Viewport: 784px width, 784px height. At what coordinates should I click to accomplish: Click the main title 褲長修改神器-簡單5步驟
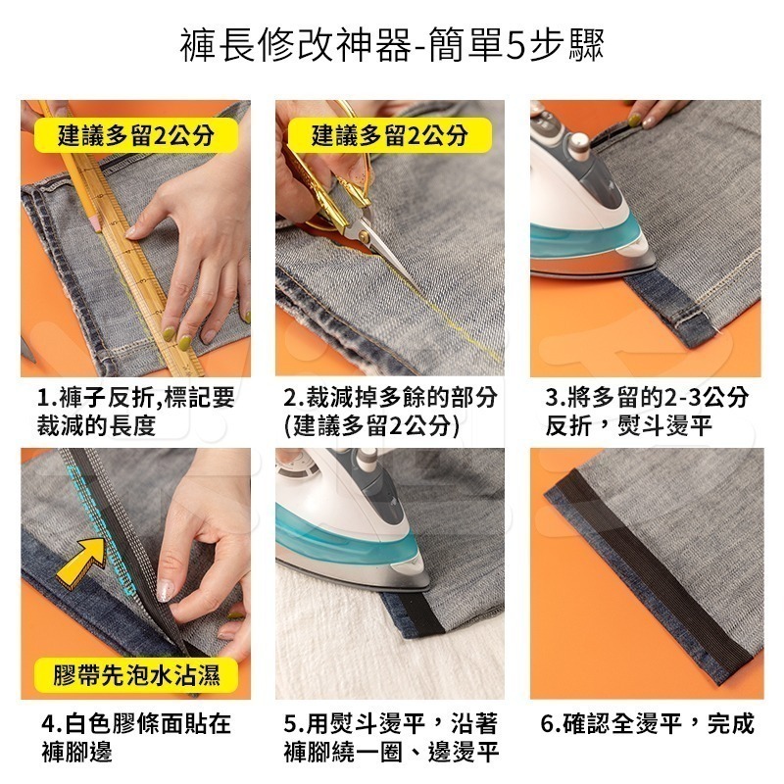[x=392, y=45]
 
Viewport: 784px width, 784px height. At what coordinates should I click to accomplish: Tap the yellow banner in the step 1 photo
[x=136, y=135]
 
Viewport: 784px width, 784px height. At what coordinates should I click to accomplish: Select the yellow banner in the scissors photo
[x=390, y=135]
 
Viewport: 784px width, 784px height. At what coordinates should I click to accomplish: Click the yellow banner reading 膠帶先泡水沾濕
[x=136, y=675]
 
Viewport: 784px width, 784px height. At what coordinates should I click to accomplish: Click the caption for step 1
[x=136, y=412]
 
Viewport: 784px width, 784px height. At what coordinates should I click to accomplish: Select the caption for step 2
[x=390, y=412]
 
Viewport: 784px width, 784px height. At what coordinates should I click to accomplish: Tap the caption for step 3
[x=647, y=412]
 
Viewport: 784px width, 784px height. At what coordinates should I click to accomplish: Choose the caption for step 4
[x=136, y=738]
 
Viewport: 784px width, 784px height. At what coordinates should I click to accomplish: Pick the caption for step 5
[x=391, y=738]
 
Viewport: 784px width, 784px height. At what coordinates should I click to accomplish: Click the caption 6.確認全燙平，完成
[x=647, y=723]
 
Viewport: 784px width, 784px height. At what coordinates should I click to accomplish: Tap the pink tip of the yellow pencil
[x=94, y=223]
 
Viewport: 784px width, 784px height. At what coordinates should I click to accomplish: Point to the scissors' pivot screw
[x=364, y=238]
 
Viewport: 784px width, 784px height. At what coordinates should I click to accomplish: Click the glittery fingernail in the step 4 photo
[x=166, y=590]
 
